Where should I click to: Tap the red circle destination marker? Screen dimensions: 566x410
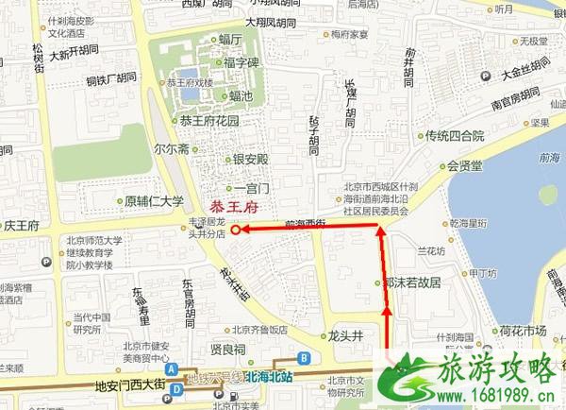tap(234, 229)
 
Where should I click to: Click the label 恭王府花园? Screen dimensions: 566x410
tap(209, 122)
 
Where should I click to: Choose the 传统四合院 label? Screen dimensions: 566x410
tap(455, 135)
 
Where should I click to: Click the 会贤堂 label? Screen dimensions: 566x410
tap(465, 165)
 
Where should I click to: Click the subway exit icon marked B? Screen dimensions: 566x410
tap(304, 358)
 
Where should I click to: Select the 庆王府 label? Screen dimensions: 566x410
tap(21, 226)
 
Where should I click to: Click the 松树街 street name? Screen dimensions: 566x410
tap(38, 57)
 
